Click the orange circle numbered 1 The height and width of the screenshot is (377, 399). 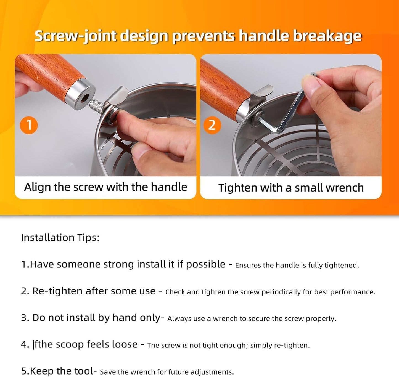[x=29, y=125]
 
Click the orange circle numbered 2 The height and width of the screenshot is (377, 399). [x=212, y=125]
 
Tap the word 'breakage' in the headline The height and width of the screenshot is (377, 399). [x=327, y=36]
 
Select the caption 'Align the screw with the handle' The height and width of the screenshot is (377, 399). [x=105, y=187]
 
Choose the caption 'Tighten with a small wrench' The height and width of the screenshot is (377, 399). [x=291, y=188]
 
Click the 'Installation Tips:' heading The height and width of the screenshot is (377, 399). [x=60, y=238]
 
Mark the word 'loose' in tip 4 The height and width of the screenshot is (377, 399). [x=125, y=344]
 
